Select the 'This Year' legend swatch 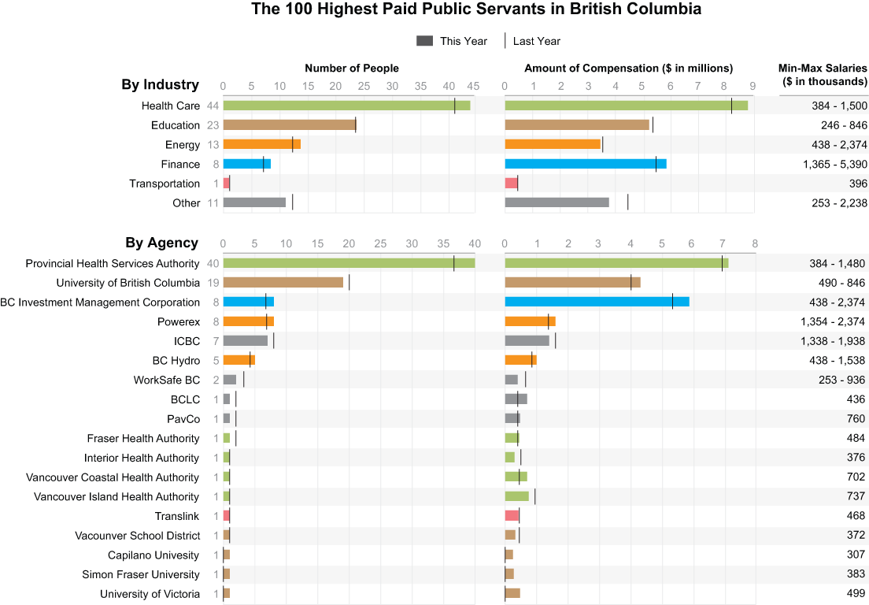pyautogui.click(x=425, y=41)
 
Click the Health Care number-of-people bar pyautogui.click(x=346, y=106)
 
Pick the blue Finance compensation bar pyautogui.click(x=585, y=164)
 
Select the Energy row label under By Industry pyautogui.click(x=183, y=145)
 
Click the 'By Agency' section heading pyautogui.click(x=161, y=243)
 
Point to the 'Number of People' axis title pyautogui.click(x=352, y=69)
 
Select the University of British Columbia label pyautogui.click(x=128, y=283)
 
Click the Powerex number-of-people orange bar pyautogui.click(x=248, y=321)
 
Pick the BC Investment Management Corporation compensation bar pyautogui.click(x=597, y=302)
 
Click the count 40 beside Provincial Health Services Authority pyautogui.click(x=213, y=263)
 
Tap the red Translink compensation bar pyautogui.click(x=512, y=516)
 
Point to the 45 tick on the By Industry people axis pyautogui.click(x=474, y=86)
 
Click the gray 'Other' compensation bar pyautogui.click(x=557, y=202)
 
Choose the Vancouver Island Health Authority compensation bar pyautogui.click(x=516, y=496)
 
